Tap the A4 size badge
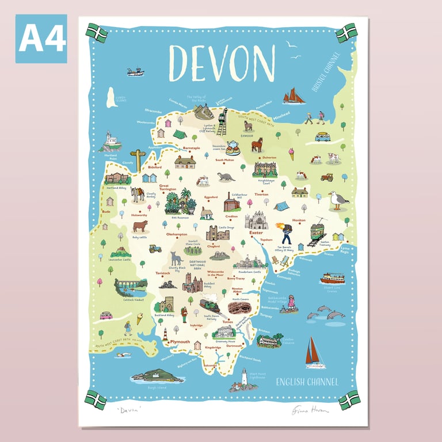click(x=41, y=39)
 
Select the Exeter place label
click(x=264, y=233)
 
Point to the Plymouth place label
click(x=176, y=341)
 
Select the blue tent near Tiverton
click(x=280, y=206)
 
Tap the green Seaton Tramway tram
click(x=318, y=231)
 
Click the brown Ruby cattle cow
click(x=140, y=226)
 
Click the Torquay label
click(x=266, y=316)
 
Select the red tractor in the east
click(x=327, y=177)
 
